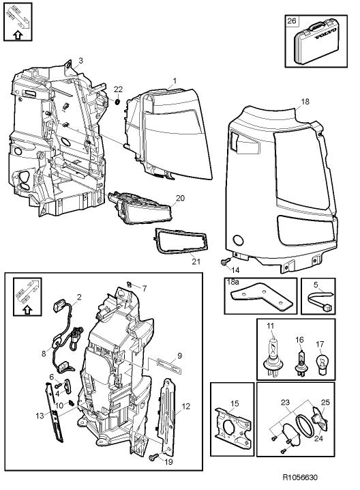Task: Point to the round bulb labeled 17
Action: (x=322, y=360)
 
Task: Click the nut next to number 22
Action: (x=118, y=102)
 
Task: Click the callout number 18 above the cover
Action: (x=305, y=101)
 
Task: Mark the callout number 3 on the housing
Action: (x=80, y=61)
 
